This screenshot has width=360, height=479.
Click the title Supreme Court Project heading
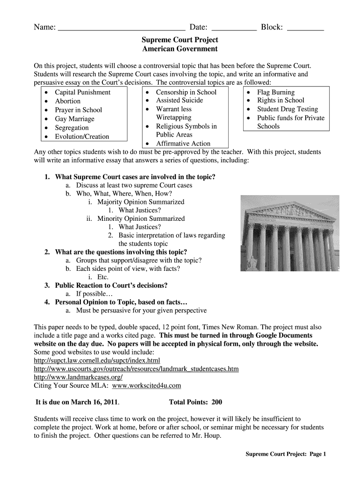coord(180,40)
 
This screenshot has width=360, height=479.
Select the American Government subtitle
coord(180,49)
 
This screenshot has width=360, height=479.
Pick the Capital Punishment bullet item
coord(82,92)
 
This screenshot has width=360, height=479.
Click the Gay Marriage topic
coord(74,119)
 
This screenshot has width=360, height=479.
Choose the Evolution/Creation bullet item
coord(82,137)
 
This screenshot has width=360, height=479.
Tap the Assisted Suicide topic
coord(180,100)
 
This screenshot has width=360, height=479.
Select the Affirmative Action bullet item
coord(183,144)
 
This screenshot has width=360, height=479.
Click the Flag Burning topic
coord(276,92)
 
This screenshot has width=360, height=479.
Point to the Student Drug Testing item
coord(287,109)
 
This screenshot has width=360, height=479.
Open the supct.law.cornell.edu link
coord(97,360)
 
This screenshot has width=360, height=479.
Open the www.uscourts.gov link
coord(137,369)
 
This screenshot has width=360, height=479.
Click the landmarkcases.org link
coord(79,377)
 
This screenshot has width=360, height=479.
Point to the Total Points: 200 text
coord(195,402)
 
